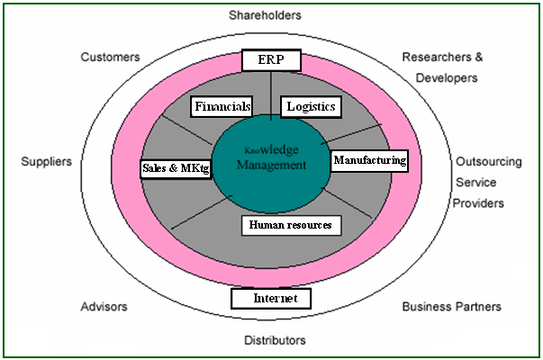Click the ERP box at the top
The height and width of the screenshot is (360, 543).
point(270,61)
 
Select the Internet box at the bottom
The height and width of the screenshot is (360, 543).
point(270,298)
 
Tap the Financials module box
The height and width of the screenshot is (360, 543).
point(222,106)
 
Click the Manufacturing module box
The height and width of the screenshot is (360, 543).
point(370,161)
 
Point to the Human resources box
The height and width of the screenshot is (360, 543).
point(291,224)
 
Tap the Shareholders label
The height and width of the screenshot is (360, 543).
point(271,15)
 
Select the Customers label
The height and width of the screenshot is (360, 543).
point(110,57)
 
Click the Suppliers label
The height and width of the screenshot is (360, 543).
point(45,163)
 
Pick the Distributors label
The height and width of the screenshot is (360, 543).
point(275,340)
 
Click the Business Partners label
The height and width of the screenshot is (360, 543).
point(451,307)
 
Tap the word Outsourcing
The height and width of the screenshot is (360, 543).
point(487,163)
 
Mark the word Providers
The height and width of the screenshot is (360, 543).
point(478,203)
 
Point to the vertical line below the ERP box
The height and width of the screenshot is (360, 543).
point(271,94)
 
